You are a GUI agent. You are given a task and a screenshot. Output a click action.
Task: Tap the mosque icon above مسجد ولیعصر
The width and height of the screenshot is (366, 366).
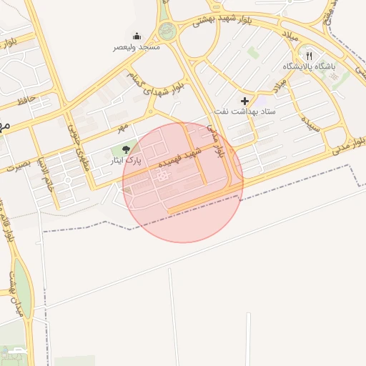point(137,36)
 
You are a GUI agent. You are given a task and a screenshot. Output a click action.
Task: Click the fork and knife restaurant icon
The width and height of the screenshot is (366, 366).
point(309,54)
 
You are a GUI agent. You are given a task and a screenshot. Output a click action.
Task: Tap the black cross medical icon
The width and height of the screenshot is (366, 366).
point(245,101)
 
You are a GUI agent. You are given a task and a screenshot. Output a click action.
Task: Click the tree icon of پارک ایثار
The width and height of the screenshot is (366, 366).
point(127,149)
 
